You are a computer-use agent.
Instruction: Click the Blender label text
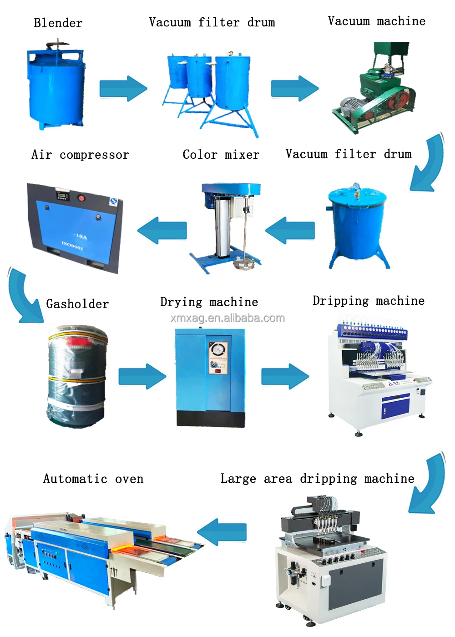(58, 23)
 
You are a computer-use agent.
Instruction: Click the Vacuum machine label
(376, 21)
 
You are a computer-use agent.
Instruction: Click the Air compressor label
(80, 155)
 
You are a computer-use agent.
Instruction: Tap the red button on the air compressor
(82, 198)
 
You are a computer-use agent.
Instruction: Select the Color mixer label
(221, 155)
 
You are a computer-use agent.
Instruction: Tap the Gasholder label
(77, 304)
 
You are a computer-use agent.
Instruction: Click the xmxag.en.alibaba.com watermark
(227, 318)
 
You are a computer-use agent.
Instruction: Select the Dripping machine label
(368, 301)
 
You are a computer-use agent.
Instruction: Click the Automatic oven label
(93, 479)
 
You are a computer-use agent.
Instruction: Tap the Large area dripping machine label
(317, 479)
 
